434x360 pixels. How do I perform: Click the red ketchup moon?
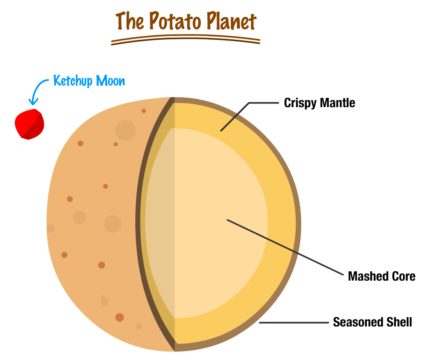coord(29,124)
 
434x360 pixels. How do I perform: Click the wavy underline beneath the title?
coord(185,40)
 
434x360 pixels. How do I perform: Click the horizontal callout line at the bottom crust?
coord(294,322)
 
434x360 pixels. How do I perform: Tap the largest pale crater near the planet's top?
coord(125,130)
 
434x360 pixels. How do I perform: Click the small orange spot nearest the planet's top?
coord(144,111)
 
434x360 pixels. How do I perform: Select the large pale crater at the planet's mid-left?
coord(113,224)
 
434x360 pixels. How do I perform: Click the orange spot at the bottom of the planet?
coord(120,317)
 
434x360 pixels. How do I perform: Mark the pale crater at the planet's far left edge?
coord(51,228)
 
